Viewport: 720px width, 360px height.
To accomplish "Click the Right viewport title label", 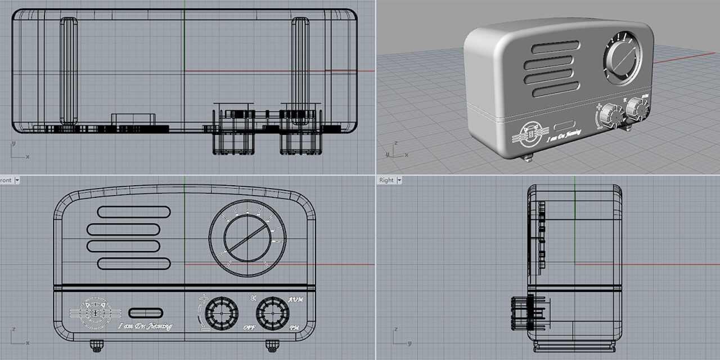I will point(386,180).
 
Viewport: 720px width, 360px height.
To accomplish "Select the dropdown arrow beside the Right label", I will point(399,180).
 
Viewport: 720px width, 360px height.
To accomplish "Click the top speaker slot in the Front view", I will point(134,212).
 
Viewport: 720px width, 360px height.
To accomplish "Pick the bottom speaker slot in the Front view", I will point(134,263).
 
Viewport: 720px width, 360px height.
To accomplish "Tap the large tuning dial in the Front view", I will point(247,238).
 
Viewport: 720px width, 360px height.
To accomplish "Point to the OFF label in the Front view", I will point(250,327).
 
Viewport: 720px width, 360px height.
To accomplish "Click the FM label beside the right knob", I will point(294,327).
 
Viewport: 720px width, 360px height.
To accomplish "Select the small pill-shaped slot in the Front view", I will point(146,313).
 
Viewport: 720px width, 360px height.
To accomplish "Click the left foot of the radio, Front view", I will point(96,343).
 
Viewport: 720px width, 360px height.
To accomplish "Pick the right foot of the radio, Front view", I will point(273,343).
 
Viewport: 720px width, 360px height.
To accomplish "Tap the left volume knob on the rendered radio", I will point(610,116).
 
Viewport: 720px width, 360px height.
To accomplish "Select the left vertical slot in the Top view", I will point(69,71).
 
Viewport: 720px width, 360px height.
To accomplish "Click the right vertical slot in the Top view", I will point(300,71).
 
